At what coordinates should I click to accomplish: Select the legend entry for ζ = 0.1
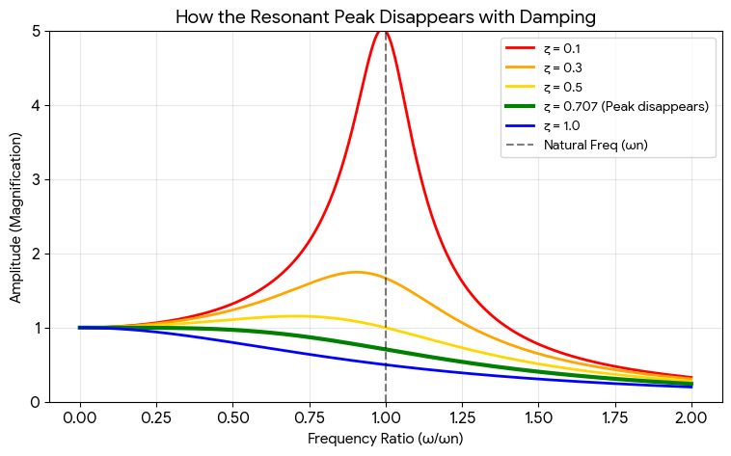pyautogui.click(x=565, y=48)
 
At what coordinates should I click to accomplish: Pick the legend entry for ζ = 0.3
pyautogui.click(x=565, y=67)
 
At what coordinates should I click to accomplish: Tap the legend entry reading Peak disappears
pyautogui.click(x=626, y=106)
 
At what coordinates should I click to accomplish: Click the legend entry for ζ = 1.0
pyautogui.click(x=565, y=125)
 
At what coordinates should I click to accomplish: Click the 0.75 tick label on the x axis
pyautogui.click(x=310, y=420)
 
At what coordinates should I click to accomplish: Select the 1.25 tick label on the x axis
pyautogui.click(x=462, y=420)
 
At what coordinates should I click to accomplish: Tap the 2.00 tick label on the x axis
pyautogui.click(x=691, y=420)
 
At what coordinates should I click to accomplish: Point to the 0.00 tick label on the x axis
pyautogui.click(x=80, y=420)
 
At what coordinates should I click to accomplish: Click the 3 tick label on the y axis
pyautogui.click(x=36, y=180)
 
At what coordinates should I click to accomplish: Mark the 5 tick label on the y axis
pyautogui.click(x=36, y=32)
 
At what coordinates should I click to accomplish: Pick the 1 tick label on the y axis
pyautogui.click(x=36, y=329)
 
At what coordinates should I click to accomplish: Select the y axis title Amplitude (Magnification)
pyautogui.click(x=15, y=217)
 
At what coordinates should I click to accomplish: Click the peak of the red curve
pyautogui.click(x=385, y=32)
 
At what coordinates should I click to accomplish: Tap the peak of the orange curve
pyautogui.click(x=357, y=272)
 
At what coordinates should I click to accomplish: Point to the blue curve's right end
pyautogui.click(x=691, y=387)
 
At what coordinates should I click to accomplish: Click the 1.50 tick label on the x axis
pyautogui.click(x=538, y=420)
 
